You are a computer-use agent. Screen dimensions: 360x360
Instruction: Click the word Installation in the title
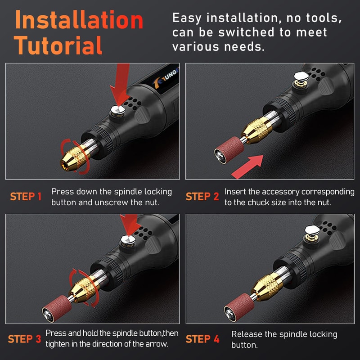[79, 20]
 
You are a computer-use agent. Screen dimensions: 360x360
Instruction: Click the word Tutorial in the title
[58, 45]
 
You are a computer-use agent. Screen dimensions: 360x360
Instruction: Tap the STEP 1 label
[26, 197]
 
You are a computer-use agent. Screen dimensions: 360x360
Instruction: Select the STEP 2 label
[202, 197]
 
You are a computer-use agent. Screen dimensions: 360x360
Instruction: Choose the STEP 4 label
[202, 339]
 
